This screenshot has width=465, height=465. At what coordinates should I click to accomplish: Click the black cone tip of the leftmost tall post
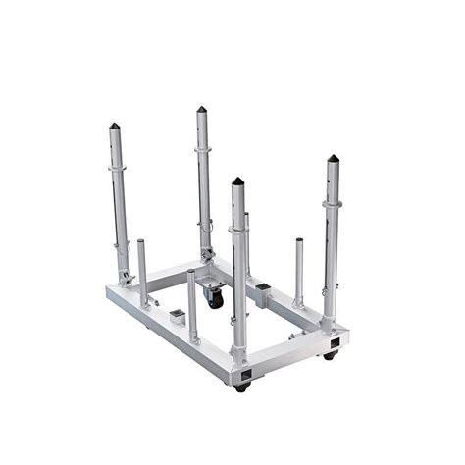tap(114, 126)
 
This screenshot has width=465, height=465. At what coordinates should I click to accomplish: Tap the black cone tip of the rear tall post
tap(200, 110)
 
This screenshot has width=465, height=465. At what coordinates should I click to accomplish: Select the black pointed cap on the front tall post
tap(237, 181)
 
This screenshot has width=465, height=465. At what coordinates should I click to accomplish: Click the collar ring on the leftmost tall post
tap(118, 168)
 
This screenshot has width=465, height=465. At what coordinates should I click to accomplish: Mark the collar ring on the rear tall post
tap(203, 149)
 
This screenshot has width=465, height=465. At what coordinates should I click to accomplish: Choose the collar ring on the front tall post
tap(238, 230)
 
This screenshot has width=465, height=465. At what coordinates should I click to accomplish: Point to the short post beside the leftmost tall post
tap(142, 270)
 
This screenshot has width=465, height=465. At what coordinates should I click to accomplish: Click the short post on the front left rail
tap(192, 304)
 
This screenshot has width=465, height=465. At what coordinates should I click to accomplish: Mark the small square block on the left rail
tap(177, 316)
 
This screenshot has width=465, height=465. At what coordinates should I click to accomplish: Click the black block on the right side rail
tap(262, 288)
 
